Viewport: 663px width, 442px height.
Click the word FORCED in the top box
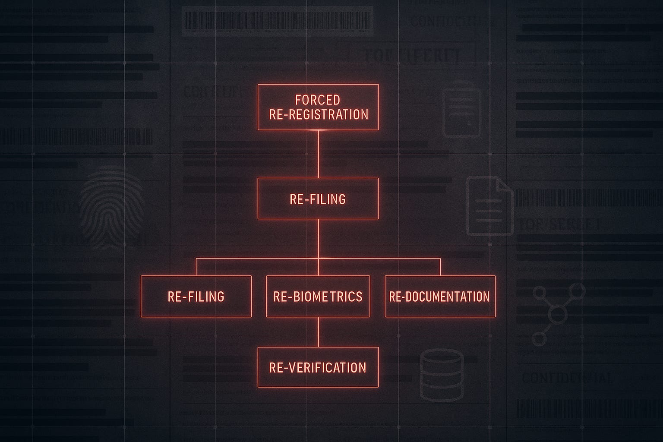pyautogui.click(x=318, y=100)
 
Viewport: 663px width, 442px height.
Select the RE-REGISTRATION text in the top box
pyautogui.click(x=319, y=114)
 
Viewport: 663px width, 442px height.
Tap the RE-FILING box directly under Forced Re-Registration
pyautogui.click(x=318, y=199)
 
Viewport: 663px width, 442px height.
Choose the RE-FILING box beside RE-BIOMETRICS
pyautogui.click(x=196, y=297)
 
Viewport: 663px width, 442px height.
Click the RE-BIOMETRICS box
pyautogui.click(x=318, y=297)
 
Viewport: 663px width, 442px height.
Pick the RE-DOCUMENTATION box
pyautogui.click(x=440, y=297)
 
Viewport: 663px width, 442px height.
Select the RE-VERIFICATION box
pyautogui.click(x=318, y=367)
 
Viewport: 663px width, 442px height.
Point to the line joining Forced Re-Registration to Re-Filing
pyautogui.click(x=318, y=154)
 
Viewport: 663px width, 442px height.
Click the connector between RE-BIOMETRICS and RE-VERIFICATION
pyautogui.click(x=318, y=332)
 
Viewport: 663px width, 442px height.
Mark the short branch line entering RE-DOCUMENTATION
pyautogui.click(x=440, y=267)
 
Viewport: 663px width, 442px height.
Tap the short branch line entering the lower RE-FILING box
pyautogui.click(x=196, y=267)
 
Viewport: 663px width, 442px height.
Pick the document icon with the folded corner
pyautogui.click(x=489, y=206)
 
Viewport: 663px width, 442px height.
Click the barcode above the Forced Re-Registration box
pyautogui.click(x=277, y=20)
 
